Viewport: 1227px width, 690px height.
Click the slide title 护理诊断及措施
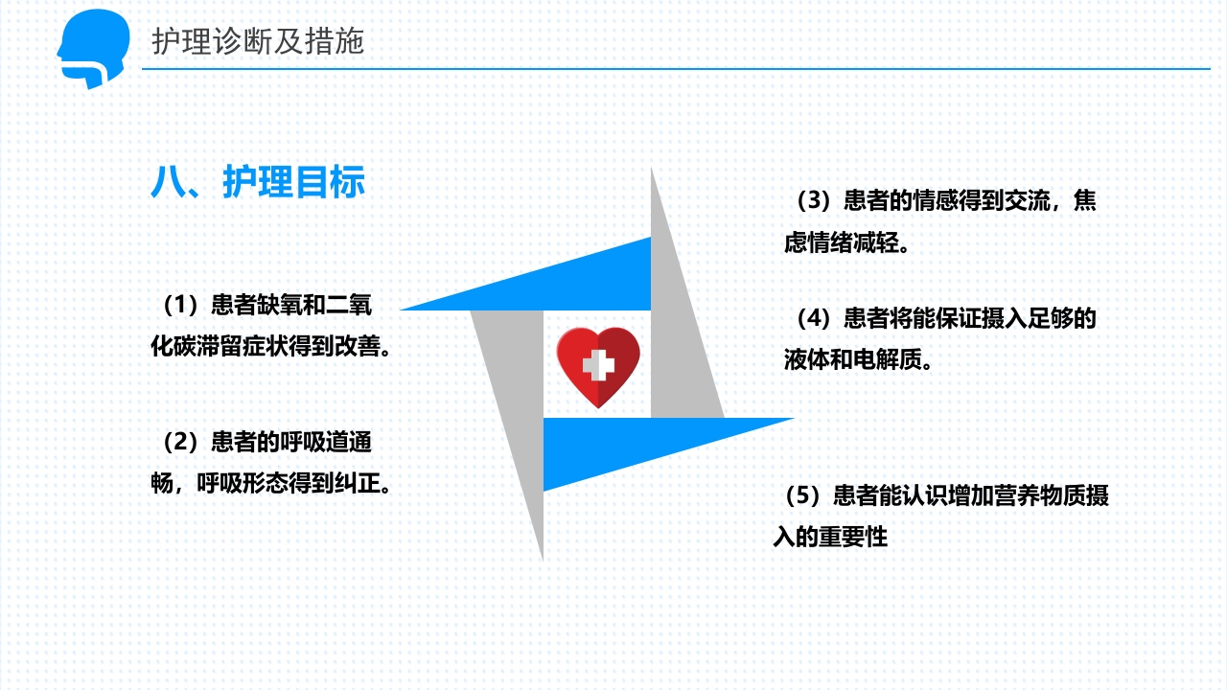point(258,41)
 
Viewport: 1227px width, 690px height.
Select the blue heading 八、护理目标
point(258,181)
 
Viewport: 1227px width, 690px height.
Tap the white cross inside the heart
point(598,364)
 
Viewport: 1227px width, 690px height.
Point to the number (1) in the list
point(179,306)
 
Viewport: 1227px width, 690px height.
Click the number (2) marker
point(179,442)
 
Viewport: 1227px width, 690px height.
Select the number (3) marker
point(812,201)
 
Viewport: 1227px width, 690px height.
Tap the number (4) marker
point(812,318)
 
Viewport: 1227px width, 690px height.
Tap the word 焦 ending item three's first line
point(1085,201)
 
